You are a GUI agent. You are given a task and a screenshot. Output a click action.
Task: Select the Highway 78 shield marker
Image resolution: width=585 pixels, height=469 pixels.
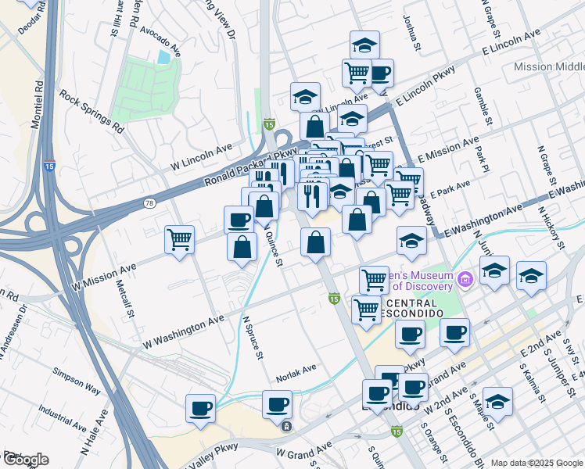(x=149, y=203)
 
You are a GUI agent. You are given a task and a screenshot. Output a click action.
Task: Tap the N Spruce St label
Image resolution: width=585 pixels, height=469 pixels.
(x=253, y=338)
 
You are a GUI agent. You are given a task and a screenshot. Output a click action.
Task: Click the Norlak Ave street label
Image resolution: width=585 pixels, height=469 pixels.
(x=295, y=368)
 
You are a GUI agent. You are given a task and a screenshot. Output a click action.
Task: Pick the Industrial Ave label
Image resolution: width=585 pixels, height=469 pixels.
(x=63, y=417)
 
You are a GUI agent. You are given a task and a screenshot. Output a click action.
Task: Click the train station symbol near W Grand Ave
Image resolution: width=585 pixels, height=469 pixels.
(x=287, y=426)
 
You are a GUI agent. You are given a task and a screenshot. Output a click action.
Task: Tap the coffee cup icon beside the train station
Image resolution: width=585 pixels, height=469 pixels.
(x=278, y=405)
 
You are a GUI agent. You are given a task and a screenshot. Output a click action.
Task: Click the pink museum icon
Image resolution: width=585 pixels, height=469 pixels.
(x=467, y=278)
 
